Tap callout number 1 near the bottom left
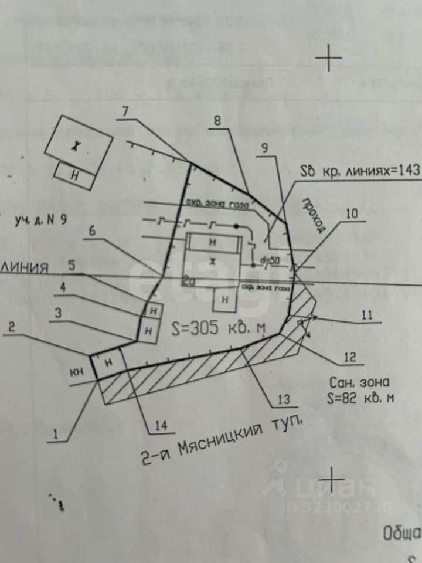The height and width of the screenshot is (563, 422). coord(56,435)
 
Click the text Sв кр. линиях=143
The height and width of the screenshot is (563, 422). coord(360,171)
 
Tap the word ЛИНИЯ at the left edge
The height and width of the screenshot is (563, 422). coord(25,267)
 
